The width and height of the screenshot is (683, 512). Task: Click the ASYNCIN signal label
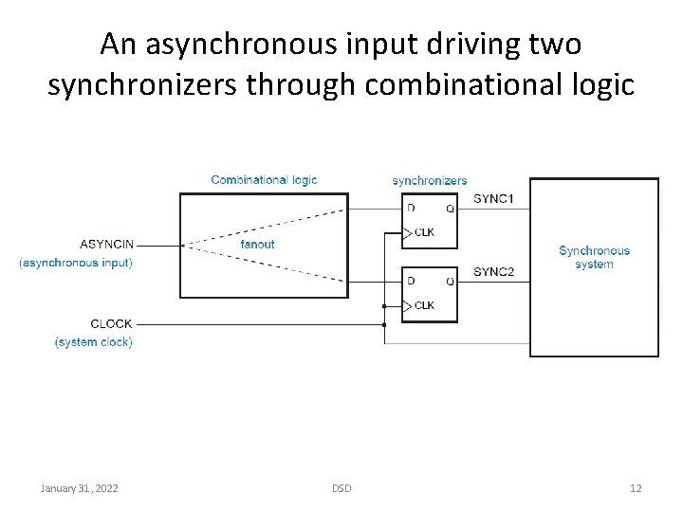coord(106,245)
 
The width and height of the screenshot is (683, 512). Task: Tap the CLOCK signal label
coord(111,324)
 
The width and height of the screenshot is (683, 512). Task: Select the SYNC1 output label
coord(493,198)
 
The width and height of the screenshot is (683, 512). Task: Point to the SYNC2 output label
coord(493,272)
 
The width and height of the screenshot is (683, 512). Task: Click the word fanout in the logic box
coord(257,245)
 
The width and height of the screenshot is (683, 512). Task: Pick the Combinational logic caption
coord(264,180)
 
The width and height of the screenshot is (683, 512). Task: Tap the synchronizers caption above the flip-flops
coord(430,180)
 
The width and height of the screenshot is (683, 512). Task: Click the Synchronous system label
coord(594,257)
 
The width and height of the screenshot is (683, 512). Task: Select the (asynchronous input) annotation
coord(76,263)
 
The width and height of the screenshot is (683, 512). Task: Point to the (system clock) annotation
coord(93,341)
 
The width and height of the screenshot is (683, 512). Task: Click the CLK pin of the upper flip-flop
coord(424,232)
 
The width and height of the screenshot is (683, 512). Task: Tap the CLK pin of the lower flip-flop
coord(424,305)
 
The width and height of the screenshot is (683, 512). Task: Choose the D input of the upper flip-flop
coord(411,208)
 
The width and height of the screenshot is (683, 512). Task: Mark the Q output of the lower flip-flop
coord(450,282)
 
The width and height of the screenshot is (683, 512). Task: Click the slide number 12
coord(636,488)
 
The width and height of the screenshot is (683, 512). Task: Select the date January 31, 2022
coord(80,488)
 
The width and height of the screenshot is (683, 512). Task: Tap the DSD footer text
coord(341,488)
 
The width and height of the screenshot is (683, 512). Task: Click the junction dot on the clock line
coord(383,324)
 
